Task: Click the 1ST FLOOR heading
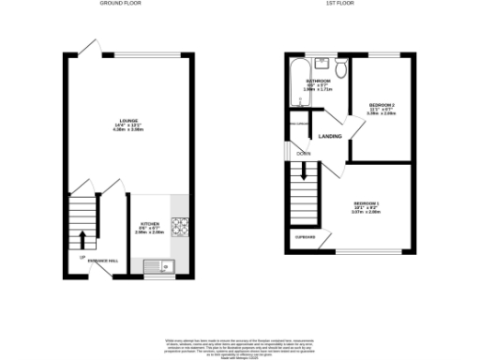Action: click(x=338, y=4)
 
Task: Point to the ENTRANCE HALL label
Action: click(x=103, y=260)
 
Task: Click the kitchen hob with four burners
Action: click(x=180, y=225)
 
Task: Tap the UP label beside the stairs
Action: click(x=82, y=258)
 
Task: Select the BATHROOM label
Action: click(x=319, y=82)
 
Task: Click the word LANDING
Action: click(x=330, y=137)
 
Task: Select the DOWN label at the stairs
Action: click(x=304, y=153)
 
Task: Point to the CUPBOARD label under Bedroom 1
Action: click(x=306, y=237)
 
